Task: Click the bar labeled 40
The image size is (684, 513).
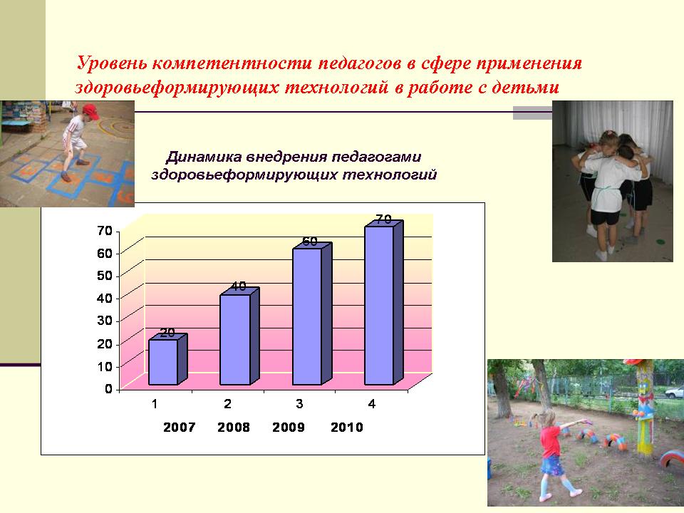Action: pyautogui.click(x=239, y=336)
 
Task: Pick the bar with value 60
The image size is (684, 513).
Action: pyautogui.click(x=312, y=313)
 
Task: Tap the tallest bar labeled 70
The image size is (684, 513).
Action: pyautogui.click(x=384, y=302)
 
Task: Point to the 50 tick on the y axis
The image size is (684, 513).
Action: pyautogui.click(x=105, y=276)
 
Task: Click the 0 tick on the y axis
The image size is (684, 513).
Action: pyautogui.click(x=108, y=389)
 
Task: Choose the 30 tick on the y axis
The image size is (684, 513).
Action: pyautogui.click(x=105, y=321)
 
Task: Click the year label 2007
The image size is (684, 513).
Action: pyautogui.click(x=179, y=427)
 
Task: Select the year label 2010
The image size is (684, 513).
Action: pyautogui.click(x=347, y=427)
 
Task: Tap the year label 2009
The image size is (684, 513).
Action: pyautogui.click(x=289, y=427)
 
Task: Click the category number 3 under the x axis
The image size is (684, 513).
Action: pyautogui.click(x=299, y=404)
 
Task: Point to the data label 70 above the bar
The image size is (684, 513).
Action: pyautogui.click(x=383, y=219)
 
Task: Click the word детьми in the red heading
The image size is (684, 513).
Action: pyautogui.click(x=526, y=88)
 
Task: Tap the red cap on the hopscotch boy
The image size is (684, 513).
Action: pyautogui.click(x=90, y=111)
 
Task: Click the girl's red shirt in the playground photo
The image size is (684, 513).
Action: pyautogui.click(x=551, y=440)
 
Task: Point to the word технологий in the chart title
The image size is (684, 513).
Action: pyautogui.click(x=390, y=175)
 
